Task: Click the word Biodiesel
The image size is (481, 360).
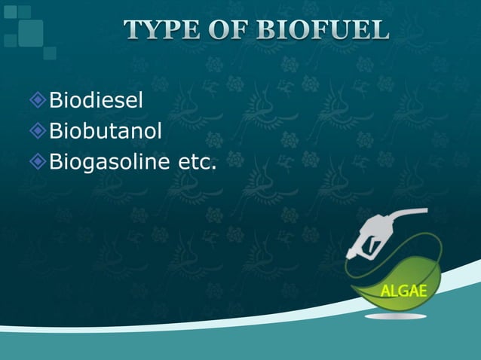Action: coord(96,99)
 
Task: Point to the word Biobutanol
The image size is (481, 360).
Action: coord(106,131)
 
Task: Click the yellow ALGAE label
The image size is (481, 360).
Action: coord(403,291)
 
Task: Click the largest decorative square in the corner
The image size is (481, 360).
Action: coord(31,32)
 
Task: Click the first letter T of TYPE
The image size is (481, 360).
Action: coord(133,30)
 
